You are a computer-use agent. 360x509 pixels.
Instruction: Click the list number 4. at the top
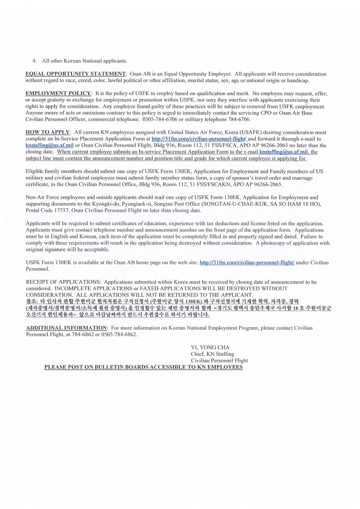(34, 61)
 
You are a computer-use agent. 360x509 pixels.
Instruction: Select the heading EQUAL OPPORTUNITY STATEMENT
(75, 74)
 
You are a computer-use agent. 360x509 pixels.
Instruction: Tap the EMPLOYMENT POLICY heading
(58, 94)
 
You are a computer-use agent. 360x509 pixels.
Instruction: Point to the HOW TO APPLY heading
(47, 132)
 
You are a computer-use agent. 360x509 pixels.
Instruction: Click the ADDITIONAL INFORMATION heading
(66, 328)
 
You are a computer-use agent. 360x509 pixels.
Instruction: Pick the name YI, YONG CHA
(210, 347)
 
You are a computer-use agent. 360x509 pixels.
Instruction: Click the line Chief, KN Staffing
(212, 354)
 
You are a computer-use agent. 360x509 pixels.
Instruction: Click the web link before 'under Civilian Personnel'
(247, 262)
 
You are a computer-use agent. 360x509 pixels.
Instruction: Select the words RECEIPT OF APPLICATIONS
(63, 282)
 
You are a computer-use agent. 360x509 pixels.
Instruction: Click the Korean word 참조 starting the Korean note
(31, 301)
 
